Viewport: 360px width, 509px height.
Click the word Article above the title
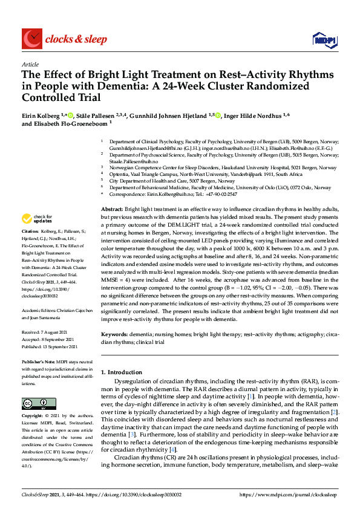(x=30, y=63)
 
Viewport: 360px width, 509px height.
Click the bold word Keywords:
(x=115, y=334)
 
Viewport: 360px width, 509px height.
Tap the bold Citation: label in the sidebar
(x=30, y=231)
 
